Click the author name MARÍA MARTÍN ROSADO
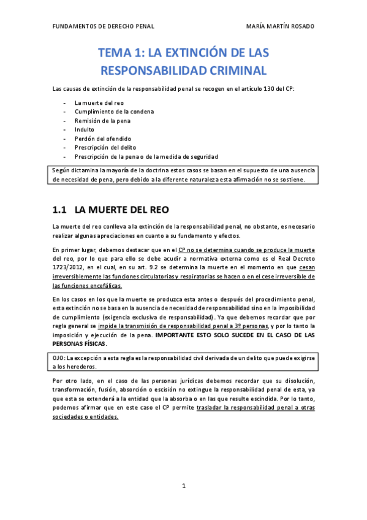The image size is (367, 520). click(x=279, y=27)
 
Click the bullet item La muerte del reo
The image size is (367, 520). click(x=99, y=102)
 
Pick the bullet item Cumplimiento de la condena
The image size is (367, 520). click(x=114, y=112)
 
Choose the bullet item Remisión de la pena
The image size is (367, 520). click(x=102, y=121)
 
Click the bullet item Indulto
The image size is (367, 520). click(x=85, y=129)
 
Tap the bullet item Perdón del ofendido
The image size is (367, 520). click(x=103, y=139)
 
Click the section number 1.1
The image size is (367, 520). click(x=61, y=209)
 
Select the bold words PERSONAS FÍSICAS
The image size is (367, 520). click(x=79, y=344)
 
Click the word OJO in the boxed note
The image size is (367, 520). click(x=59, y=357)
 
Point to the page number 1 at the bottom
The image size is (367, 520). click(x=184, y=486)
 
